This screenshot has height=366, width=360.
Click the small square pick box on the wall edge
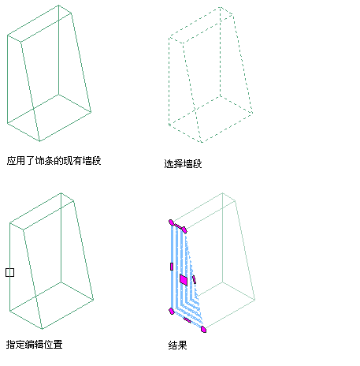click(9, 272)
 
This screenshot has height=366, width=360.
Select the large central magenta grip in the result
click(184, 279)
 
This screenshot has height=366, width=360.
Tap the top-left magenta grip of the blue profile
click(171, 222)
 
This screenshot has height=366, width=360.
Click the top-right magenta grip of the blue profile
click(184, 230)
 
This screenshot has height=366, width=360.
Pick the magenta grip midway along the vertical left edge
click(172, 267)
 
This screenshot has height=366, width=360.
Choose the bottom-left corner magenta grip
click(172, 312)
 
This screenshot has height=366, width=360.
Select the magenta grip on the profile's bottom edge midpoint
click(187, 320)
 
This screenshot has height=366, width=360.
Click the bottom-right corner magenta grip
click(203, 329)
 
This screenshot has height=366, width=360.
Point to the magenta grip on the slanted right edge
click(194, 279)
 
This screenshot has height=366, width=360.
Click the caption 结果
click(177, 345)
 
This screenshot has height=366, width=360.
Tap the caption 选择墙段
click(183, 163)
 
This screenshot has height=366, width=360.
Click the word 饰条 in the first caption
click(44, 160)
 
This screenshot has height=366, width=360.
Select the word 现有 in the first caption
click(72, 160)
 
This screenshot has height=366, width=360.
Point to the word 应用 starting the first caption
click(16, 160)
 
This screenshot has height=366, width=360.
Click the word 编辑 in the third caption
click(34, 344)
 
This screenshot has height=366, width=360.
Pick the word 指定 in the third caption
click(16, 344)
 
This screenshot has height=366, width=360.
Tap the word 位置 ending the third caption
click(53, 344)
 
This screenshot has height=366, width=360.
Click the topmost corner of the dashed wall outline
click(221, 7)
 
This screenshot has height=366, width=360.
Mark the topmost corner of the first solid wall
click(58, 6)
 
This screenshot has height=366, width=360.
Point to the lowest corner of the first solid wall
click(40, 141)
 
